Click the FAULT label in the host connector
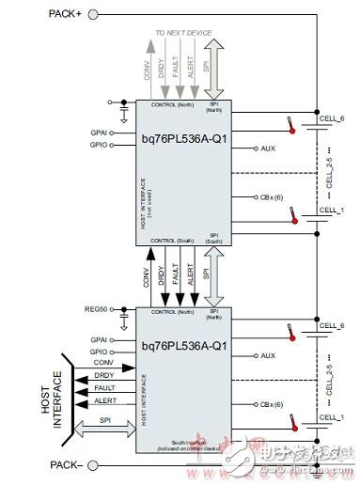tap(105, 388)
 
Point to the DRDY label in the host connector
tap(104, 376)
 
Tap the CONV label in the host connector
tap(104, 364)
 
